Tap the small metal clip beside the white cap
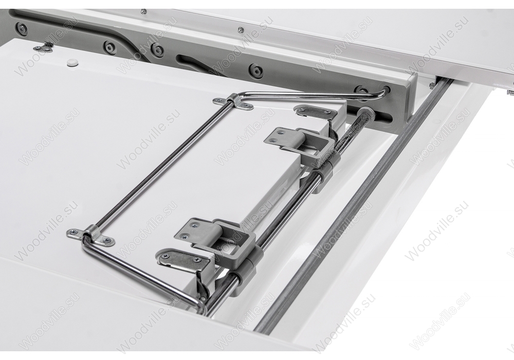pos(44,47)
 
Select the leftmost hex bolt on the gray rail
pos(22,29)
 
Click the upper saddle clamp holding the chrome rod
pos(233,102)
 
